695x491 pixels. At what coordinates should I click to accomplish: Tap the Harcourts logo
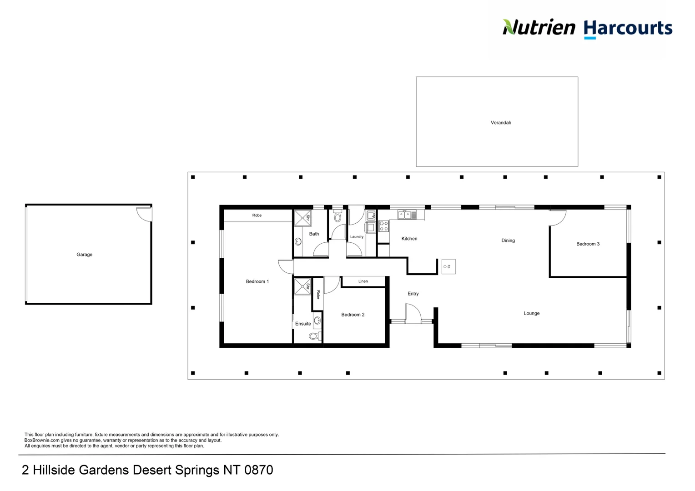coord(628,28)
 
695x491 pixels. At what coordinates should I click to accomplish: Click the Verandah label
coord(501,123)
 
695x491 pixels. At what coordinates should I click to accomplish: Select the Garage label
coord(84,255)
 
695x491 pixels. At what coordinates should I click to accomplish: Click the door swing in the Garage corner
coord(145,214)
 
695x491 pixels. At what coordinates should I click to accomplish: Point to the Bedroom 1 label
coord(257,282)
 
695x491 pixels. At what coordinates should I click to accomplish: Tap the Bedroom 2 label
coord(353,315)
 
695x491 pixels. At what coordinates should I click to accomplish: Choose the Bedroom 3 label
coord(588,244)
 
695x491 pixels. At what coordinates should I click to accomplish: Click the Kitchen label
coord(409,239)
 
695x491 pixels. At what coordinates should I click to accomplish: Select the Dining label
coord(508,240)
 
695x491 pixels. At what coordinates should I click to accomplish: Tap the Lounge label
coord(531,313)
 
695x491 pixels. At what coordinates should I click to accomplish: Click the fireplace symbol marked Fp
coord(448,266)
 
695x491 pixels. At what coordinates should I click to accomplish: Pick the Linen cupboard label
coord(363,281)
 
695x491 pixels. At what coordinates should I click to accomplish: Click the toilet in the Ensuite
coord(314,336)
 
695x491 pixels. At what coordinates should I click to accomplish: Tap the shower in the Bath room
coord(302,218)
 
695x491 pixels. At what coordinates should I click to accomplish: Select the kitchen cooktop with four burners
coord(383,226)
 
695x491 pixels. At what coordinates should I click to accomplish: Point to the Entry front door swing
coord(413,314)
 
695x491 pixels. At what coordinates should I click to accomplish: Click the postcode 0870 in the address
coord(258,470)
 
